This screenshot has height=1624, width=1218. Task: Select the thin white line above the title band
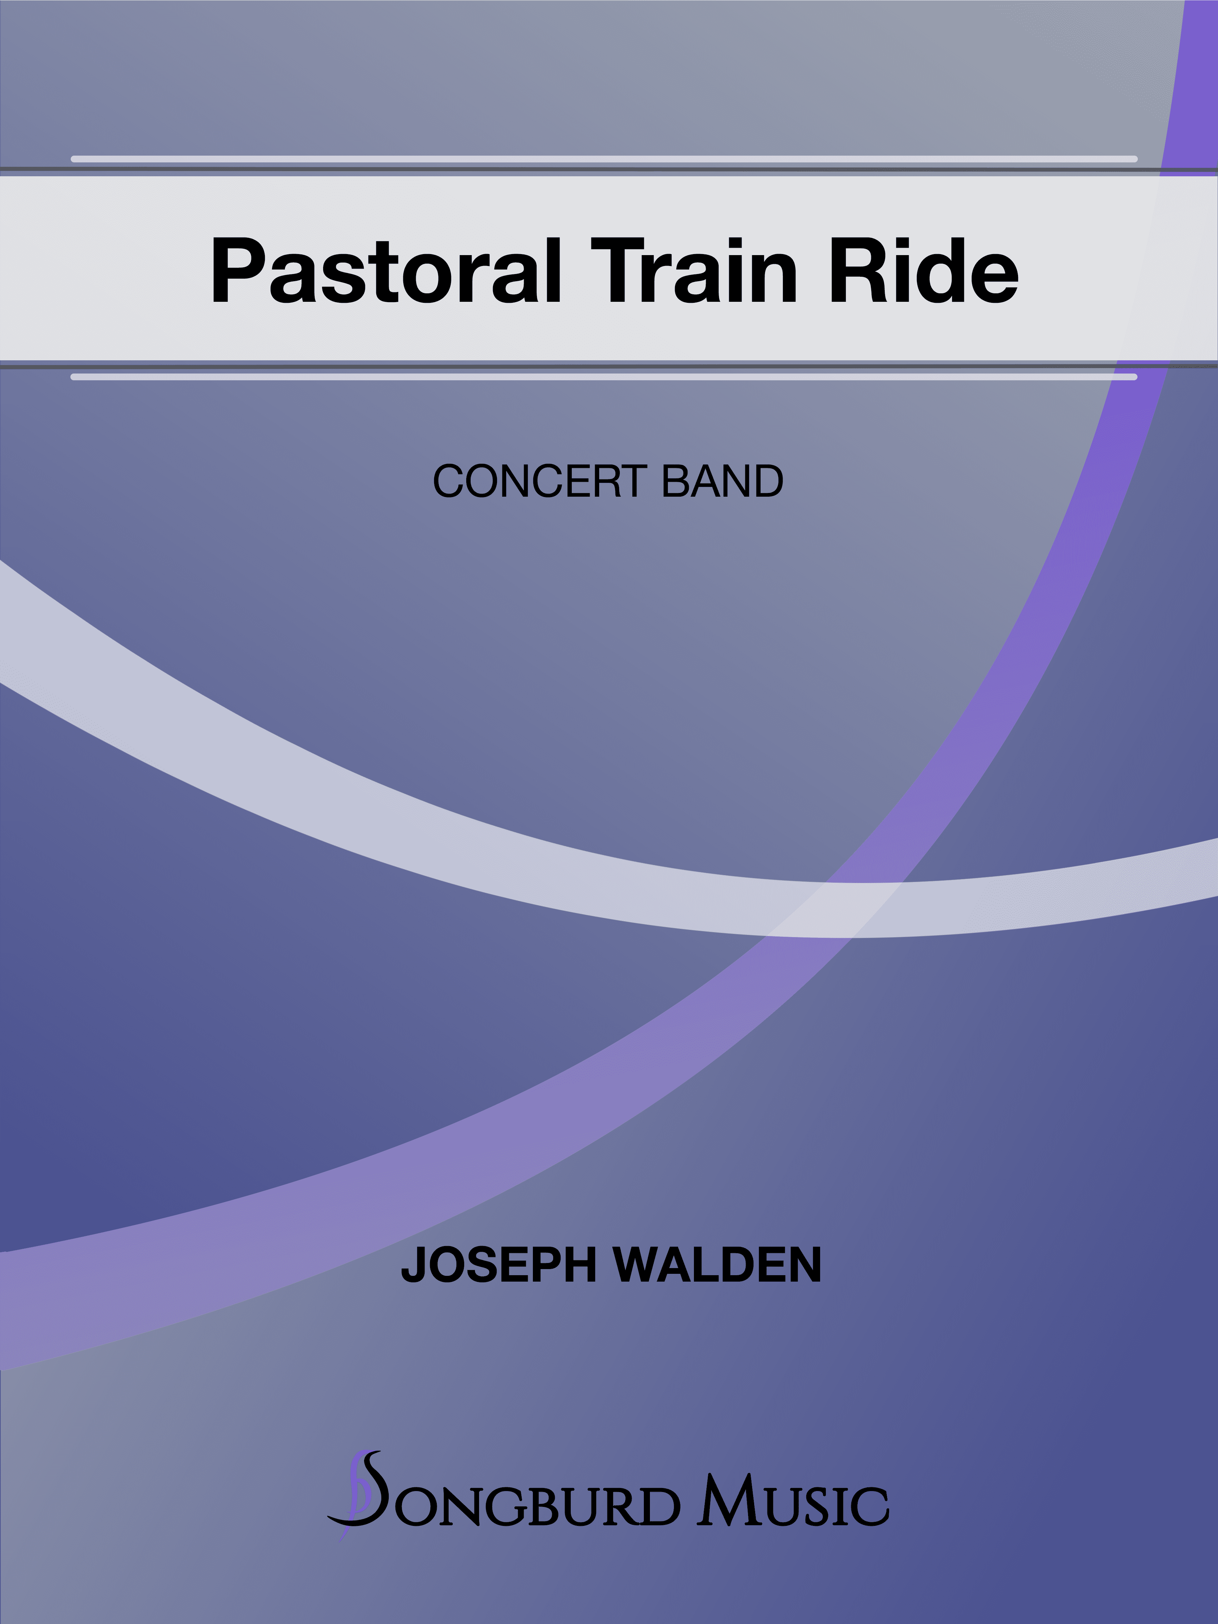(604, 159)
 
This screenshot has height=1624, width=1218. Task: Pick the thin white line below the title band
(604, 377)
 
